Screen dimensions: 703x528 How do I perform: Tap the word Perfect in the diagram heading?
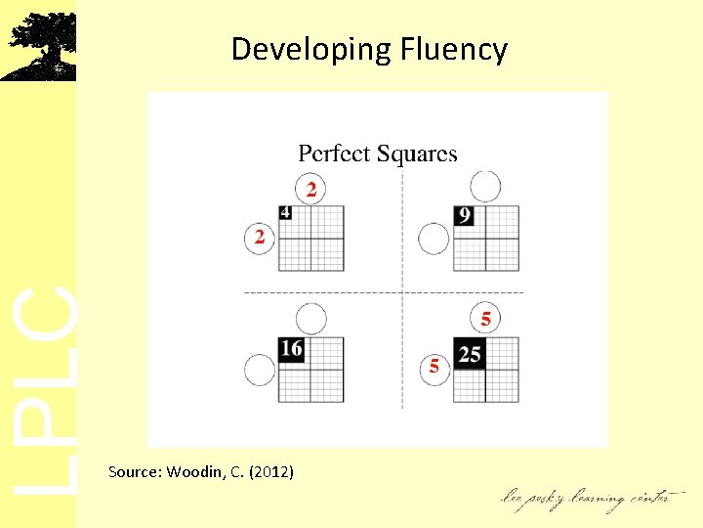tap(334, 154)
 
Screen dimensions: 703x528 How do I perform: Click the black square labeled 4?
tap(285, 213)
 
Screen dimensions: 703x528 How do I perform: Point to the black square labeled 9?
tap(464, 215)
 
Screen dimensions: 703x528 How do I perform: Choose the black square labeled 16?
tap(291, 349)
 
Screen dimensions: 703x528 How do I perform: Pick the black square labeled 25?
tap(470, 353)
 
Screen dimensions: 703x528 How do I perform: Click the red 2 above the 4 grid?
tap(310, 190)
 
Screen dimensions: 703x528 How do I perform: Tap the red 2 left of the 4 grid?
tap(259, 238)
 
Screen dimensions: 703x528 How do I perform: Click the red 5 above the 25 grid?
tap(486, 319)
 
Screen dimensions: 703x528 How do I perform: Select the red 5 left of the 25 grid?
tap(434, 367)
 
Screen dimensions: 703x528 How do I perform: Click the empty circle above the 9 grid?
tap(485, 186)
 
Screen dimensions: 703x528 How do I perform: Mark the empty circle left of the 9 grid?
tap(434, 238)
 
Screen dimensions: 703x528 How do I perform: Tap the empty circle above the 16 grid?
tap(310, 318)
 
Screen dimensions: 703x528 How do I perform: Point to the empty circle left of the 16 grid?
tap(259, 370)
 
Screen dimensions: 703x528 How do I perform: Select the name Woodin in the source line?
tap(197, 472)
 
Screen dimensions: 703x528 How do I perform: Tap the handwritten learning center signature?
tap(587, 499)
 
